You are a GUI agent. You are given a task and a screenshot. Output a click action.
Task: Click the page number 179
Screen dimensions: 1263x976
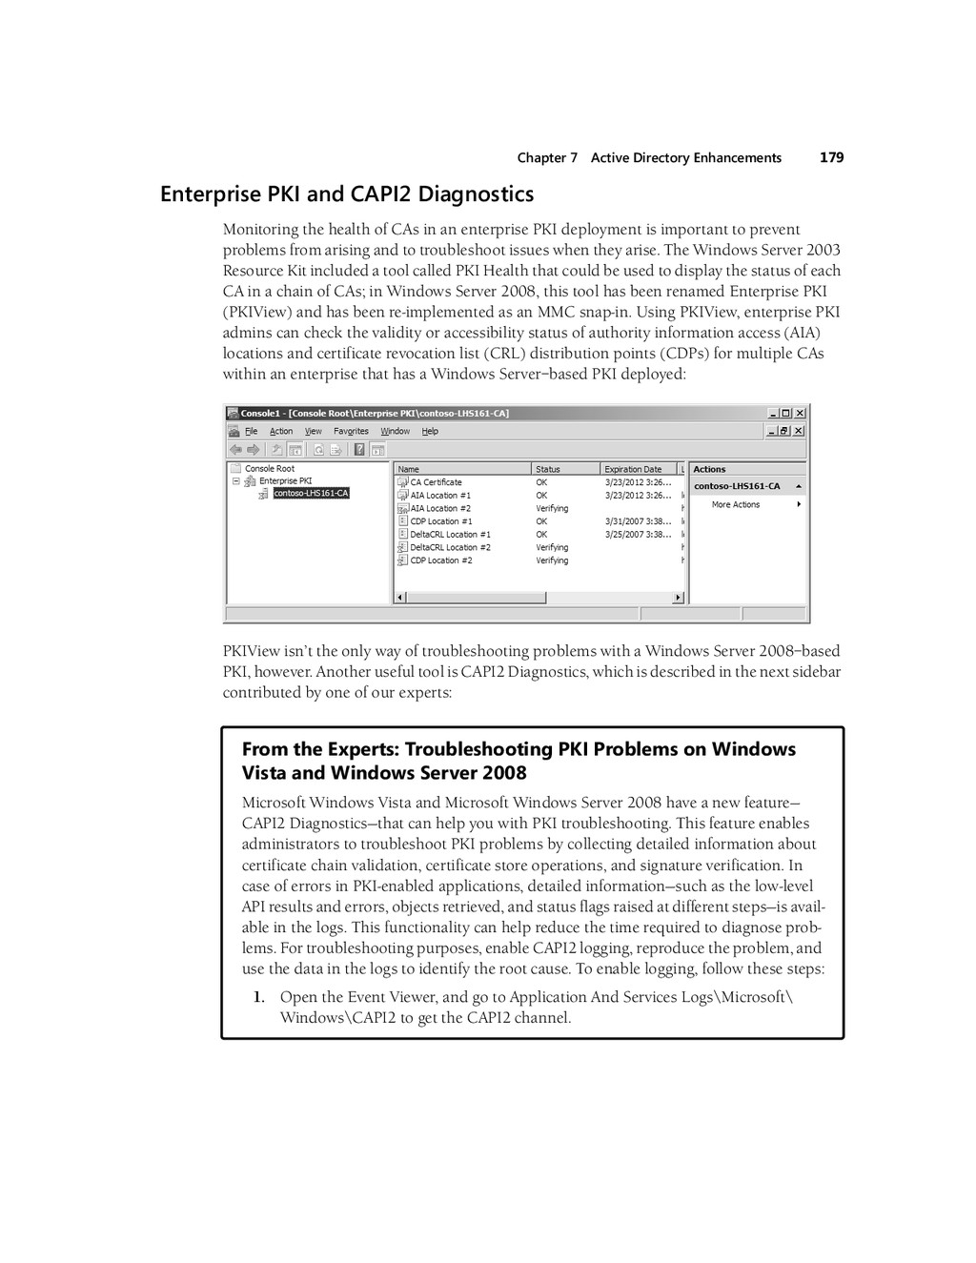(x=831, y=157)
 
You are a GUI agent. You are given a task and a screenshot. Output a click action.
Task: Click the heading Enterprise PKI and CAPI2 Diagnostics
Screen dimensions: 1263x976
(x=347, y=194)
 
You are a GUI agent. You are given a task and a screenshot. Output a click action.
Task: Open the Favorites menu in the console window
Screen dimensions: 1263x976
(x=351, y=431)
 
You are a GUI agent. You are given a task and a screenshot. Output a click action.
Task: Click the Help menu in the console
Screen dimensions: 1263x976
(x=430, y=431)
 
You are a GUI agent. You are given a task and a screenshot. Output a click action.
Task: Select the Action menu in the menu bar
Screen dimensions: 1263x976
(x=281, y=431)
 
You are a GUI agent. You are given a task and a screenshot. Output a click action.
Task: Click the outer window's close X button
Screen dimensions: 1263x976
(x=800, y=414)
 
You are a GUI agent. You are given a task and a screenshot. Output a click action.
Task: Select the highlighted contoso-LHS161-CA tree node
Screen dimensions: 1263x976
(x=311, y=494)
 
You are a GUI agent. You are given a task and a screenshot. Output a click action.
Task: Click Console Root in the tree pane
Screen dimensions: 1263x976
(x=270, y=469)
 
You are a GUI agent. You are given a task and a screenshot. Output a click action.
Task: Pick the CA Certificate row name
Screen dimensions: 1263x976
(x=436, y=482)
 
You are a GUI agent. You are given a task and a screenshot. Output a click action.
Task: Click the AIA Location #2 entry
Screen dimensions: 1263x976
(x=440, y=508)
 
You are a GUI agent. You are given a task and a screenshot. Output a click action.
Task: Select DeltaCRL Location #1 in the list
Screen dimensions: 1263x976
(x=450, y=535)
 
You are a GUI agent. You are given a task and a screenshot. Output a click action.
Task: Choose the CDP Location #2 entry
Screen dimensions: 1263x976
(x=440, y=560)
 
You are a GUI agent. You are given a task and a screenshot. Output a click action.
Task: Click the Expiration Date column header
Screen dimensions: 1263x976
(x=633, y=469)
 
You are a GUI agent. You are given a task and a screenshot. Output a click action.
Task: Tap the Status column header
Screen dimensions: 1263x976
(x=548, y=469)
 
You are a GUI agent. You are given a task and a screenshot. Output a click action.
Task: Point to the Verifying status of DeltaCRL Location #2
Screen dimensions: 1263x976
(x=552, y=548)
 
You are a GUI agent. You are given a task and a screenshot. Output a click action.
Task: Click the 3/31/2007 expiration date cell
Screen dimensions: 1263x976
(x=638, y=521)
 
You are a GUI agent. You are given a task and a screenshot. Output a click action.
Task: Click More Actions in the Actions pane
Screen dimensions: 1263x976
(x=735, y=505)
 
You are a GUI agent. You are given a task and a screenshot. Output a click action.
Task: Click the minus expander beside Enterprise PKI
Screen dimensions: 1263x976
(x=235, y=481)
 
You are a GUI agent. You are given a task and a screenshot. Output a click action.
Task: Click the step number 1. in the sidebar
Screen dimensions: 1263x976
(x=258, y=997)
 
